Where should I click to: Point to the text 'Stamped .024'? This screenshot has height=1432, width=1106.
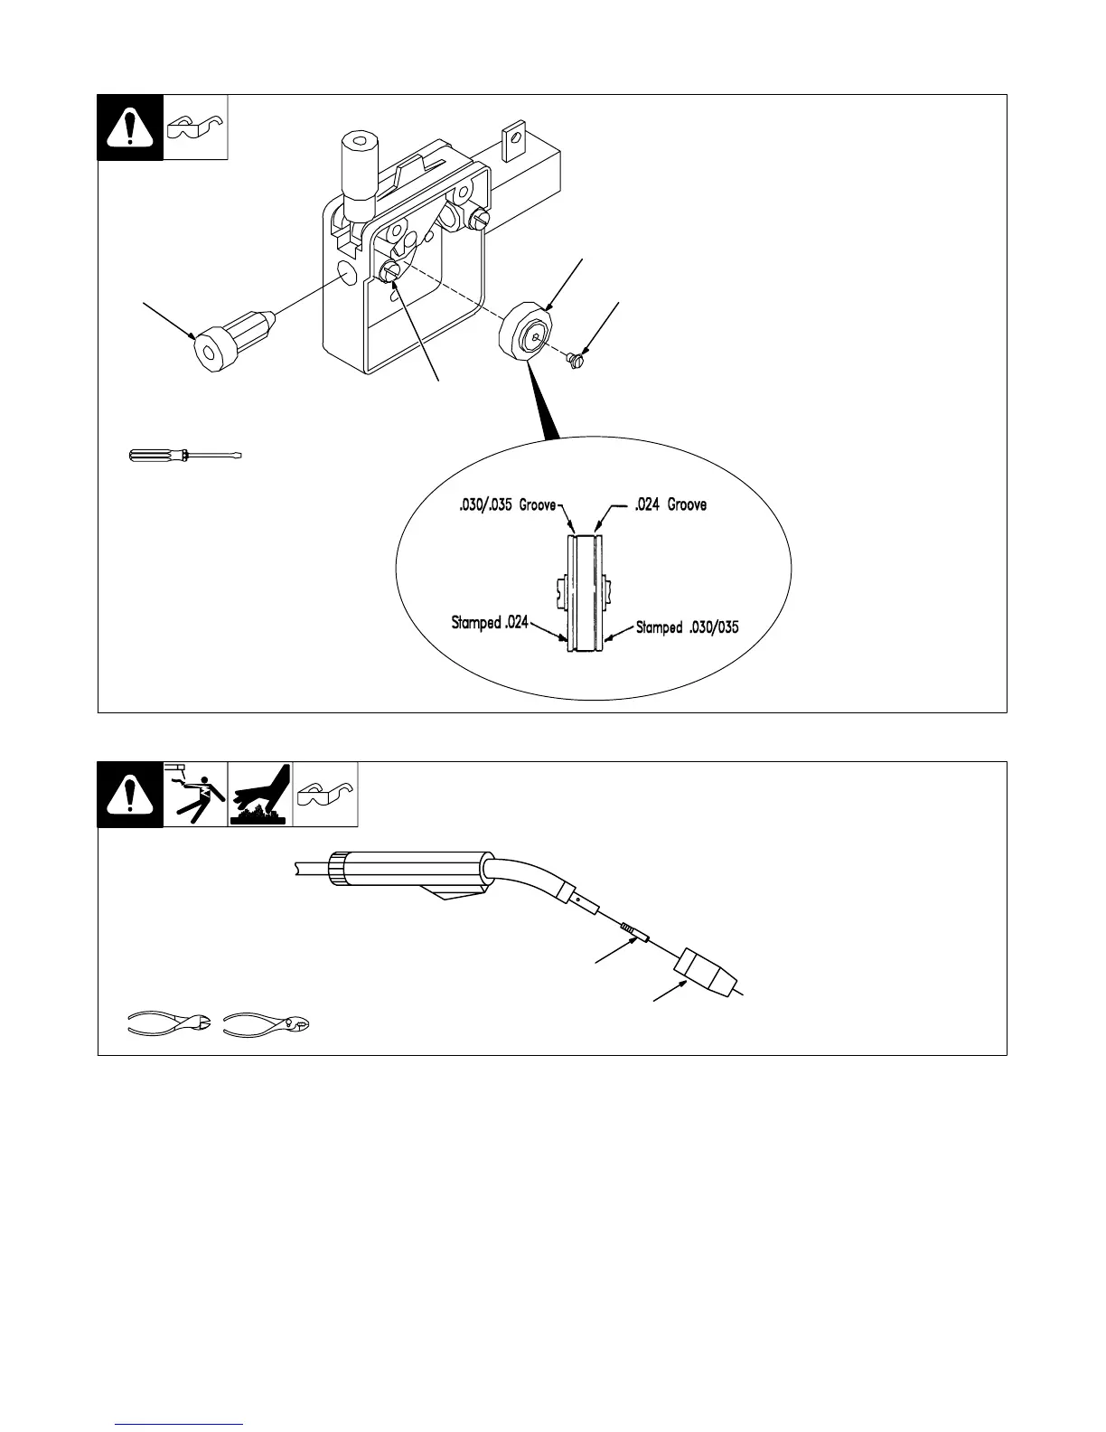pos(489,623)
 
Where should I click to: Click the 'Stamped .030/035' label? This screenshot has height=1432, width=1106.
pos(687,626)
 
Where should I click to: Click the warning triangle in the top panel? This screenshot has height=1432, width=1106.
pos(130,127)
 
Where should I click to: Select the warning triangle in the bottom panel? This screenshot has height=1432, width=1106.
pos(130,795)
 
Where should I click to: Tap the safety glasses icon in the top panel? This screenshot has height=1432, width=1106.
pos(195,127)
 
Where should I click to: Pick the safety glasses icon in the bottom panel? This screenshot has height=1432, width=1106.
pos(325,795)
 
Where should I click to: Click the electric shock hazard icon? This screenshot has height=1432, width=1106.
pos(195,795)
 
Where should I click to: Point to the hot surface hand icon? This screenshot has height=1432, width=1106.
pos(260,795)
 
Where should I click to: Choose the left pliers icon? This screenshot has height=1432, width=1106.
pos(169,1024)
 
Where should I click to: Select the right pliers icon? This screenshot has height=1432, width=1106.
pos(267,1024)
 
